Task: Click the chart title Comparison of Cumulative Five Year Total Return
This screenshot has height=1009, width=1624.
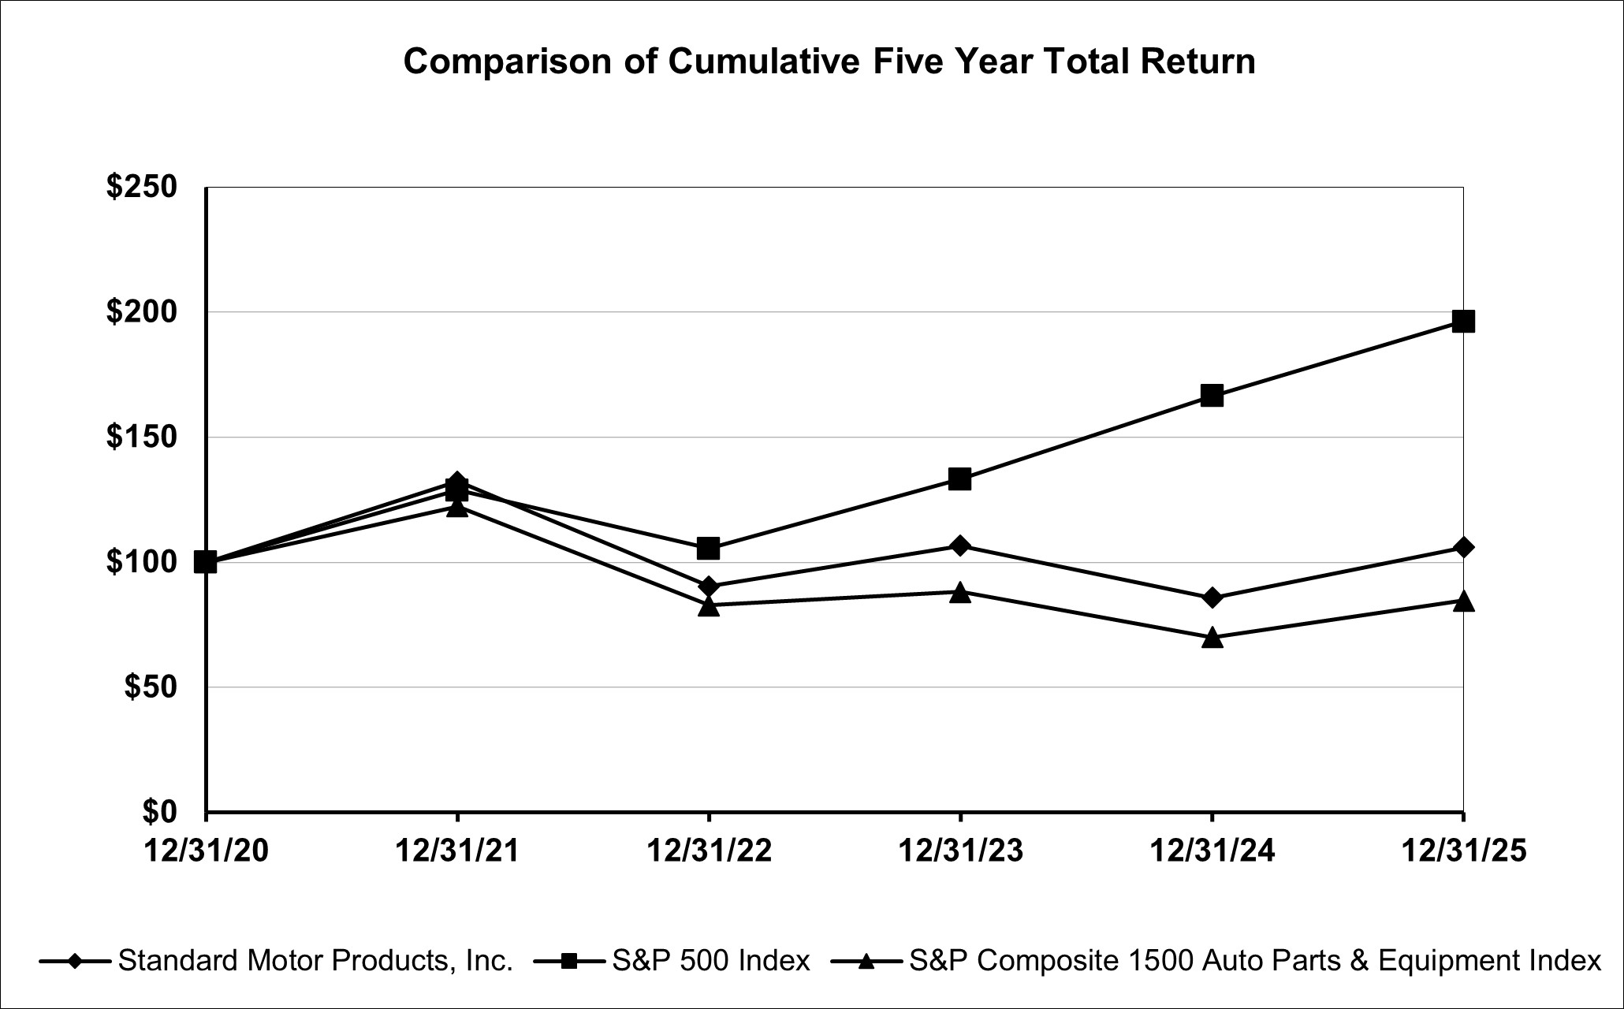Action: pos(829,61)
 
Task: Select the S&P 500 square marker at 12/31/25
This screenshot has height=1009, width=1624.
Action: pos(1463,321)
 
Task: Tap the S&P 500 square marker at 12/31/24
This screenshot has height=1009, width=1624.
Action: pos(1212,395)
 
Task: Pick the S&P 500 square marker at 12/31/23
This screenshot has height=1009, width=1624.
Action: pos(959,478)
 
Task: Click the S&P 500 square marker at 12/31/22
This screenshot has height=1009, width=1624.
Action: pos(708,547)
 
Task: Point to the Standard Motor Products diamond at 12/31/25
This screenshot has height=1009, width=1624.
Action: pos(1463,547)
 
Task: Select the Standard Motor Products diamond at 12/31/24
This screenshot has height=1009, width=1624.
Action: pos(1212,598)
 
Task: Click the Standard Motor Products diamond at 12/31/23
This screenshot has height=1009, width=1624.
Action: pos(959,545)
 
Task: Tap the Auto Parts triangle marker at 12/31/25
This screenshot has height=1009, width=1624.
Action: pos(1463,601)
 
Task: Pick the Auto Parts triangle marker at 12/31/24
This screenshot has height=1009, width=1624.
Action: pos(1212,638)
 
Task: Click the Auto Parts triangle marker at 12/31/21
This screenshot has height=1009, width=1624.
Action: pos(456,508)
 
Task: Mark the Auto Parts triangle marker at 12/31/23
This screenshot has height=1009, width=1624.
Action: pos(959,593)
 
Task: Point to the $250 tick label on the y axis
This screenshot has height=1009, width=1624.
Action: pos(142,188)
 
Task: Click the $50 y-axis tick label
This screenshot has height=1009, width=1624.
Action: pos(151,687)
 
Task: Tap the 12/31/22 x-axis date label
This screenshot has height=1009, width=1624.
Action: pos(708,851)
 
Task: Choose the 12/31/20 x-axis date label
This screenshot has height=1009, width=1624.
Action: pos(206,851)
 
